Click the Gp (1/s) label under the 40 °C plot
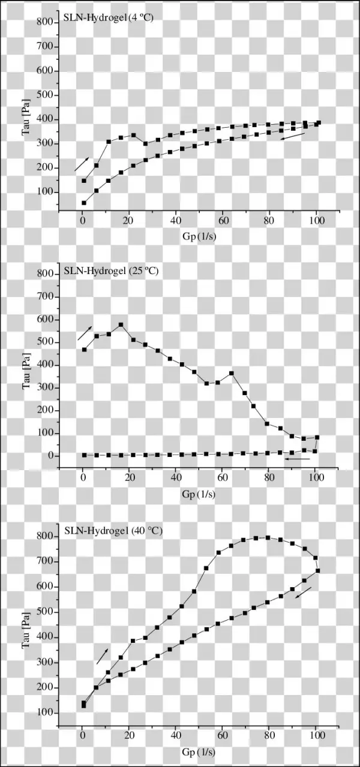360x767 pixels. [199, 750]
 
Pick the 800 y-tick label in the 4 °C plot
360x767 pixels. [46, 22]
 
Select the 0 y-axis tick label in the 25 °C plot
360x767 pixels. [50, 456]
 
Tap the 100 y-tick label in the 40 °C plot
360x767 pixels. [46, 713]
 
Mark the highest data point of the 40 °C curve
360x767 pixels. [268, 537]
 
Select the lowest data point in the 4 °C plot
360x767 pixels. [84, 203]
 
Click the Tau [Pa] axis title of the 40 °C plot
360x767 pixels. [27, 622]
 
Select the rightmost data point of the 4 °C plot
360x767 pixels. [319, 123]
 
